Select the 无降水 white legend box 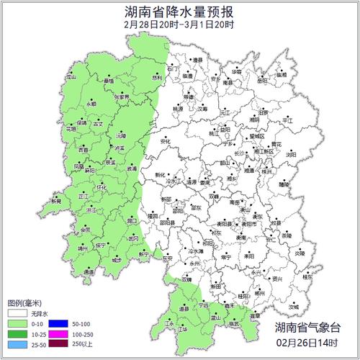coord(16,315)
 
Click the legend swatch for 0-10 coord(16,325)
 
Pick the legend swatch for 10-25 coord(16,336)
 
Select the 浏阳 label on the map coord(291,154)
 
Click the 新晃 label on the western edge coord(56,202)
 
